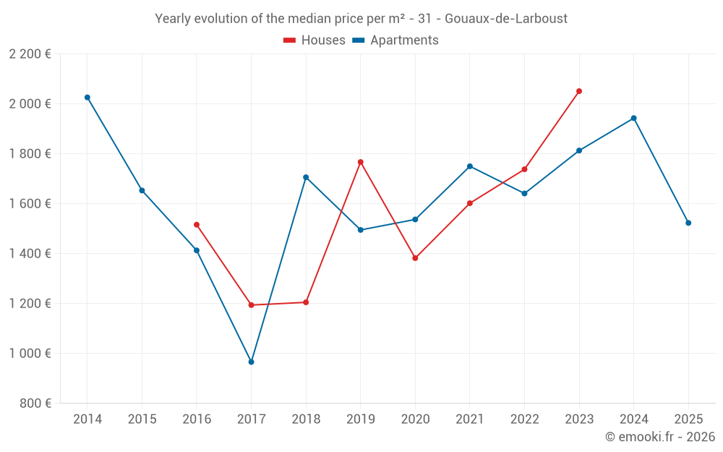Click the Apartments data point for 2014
point(87,97)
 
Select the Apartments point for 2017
point(251,362)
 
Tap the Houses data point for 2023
point(579,91)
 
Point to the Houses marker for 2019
point(361,162)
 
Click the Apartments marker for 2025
point(688,223)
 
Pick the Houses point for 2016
point(197,225)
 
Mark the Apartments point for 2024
point(634,118)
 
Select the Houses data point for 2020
point(415,258)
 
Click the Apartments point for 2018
point(306,177)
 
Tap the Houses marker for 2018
point(306,302)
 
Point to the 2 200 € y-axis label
point(30,54)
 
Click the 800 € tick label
point(37,404)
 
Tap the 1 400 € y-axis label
point(30,254)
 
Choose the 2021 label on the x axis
point(470,419)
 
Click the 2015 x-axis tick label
point(142,419)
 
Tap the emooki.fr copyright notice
point(659,437)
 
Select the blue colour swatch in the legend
point(358,40)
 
